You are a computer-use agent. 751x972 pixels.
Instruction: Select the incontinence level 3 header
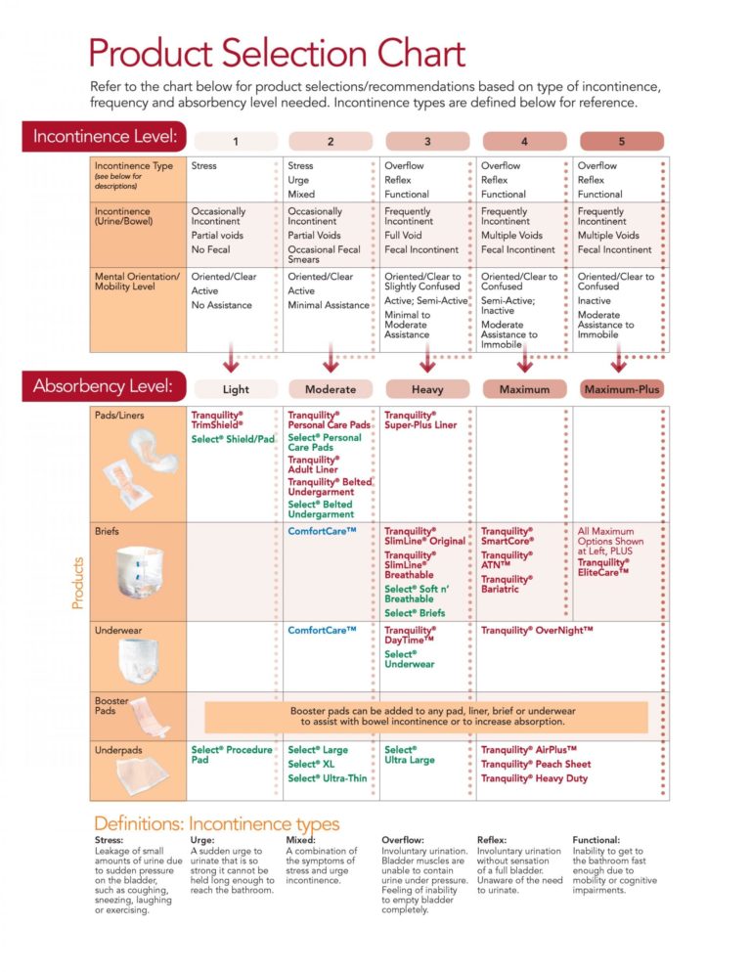427,142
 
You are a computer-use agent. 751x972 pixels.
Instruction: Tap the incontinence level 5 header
621,142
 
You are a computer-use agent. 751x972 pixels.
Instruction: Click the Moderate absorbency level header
331,389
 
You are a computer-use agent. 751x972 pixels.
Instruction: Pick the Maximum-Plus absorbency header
621,389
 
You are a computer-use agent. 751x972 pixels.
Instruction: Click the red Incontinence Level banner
105,136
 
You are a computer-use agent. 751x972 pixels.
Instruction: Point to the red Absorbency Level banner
105,385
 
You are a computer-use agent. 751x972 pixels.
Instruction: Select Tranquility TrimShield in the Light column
217,420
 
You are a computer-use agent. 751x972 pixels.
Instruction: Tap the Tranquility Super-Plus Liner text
420,420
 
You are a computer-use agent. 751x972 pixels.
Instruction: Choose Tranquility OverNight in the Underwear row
537,631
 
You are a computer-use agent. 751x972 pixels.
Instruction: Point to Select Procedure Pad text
231,755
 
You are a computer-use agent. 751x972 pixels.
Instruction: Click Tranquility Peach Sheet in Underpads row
536,765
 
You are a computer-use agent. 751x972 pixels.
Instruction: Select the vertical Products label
77,583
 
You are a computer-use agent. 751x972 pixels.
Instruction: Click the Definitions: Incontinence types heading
216,824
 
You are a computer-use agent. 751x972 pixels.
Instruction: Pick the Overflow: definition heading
403,840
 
